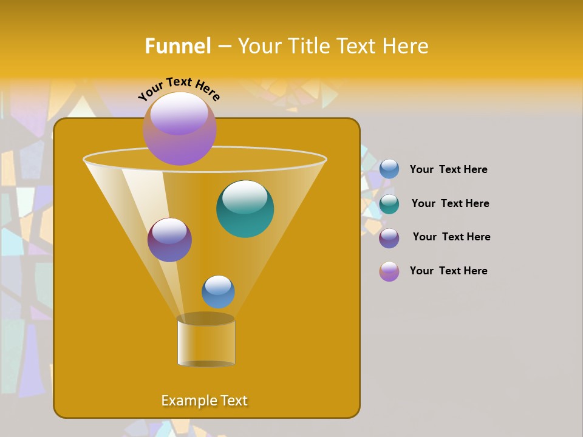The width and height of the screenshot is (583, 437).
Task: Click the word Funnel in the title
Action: (178, 46)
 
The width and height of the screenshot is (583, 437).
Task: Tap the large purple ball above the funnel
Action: (180, 128)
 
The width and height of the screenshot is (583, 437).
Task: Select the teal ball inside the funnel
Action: (245, 209)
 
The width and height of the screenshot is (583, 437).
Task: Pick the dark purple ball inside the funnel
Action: (169, 240)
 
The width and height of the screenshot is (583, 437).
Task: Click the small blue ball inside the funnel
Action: (218, 292)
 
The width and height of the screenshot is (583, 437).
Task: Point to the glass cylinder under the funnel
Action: (206, 343)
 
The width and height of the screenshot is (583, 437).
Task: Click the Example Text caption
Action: (204, 401)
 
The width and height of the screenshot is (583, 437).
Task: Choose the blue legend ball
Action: (389, 169)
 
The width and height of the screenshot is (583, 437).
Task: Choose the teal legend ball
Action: (389, 204)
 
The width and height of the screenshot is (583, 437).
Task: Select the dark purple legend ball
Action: (389, 238)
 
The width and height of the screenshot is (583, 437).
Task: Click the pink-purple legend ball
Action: (389, 271)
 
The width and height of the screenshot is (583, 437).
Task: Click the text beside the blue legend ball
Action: (448, 170)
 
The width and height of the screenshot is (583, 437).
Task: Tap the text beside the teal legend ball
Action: (450, 204)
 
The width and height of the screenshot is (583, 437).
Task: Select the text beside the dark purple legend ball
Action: (451, 237)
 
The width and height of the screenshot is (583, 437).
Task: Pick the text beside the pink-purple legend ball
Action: (448, 271)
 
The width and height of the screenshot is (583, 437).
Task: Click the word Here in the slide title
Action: (406, 46)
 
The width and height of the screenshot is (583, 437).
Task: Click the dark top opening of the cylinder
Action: (205, 319)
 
